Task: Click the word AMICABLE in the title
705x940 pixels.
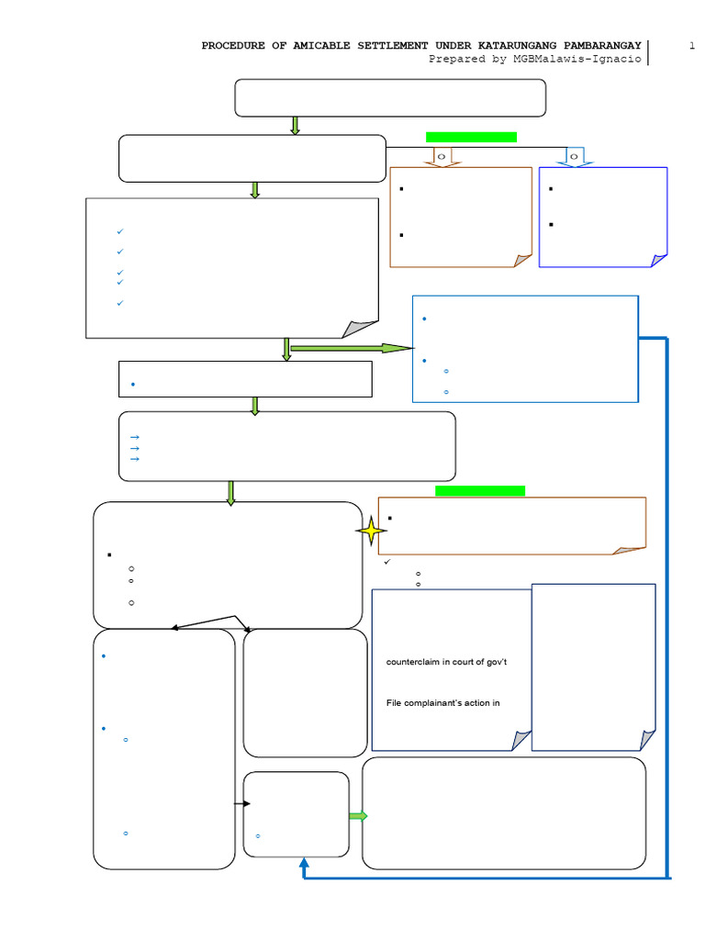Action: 321,46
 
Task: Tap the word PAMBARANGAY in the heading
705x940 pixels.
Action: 602,46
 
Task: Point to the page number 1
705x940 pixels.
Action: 692,46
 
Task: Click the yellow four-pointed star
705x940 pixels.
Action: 371,531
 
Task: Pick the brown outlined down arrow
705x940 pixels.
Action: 442,157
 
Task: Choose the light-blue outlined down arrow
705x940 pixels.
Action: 575,157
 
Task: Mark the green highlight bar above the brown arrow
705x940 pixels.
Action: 471,138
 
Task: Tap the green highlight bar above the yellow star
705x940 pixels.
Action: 480,491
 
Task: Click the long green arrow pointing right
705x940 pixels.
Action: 352,348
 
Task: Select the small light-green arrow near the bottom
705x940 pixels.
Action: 358,816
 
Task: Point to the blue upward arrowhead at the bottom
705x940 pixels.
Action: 304,863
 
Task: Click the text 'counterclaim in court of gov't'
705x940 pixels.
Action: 447,662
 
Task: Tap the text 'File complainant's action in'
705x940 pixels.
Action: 443,702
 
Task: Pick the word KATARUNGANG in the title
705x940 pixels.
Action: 517,46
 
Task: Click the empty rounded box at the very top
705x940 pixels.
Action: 390,97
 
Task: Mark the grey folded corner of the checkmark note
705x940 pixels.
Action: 360,330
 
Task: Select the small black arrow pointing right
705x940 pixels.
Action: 242,803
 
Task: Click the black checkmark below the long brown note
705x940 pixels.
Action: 387,562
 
